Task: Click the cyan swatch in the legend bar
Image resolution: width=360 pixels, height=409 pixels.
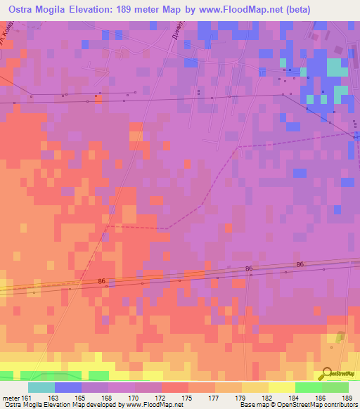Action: [x=41, y=388]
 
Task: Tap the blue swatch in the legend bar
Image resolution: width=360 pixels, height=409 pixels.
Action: [x=68, y=388]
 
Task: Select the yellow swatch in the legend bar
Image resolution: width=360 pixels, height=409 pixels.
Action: [x=282, y=388]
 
